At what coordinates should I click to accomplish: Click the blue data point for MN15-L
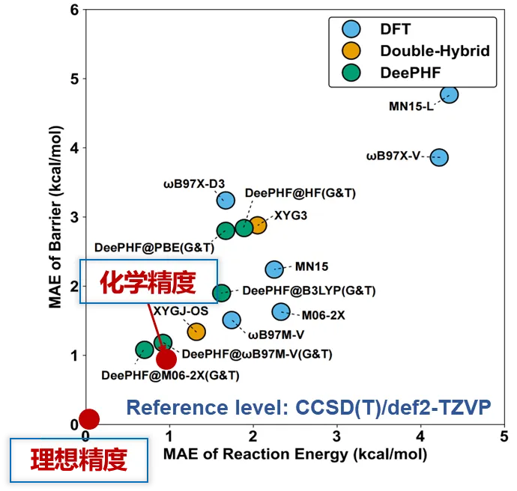(x=449, y=94)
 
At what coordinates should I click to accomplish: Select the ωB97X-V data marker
(x=439, y=157)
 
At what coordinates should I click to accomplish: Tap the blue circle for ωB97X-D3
(x=226, y=200)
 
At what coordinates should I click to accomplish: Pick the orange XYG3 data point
(x=258, y=225)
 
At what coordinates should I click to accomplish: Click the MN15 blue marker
(x=274, y=269)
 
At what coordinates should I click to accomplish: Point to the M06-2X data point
(x=281, y=311)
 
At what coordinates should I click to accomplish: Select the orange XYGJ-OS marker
(x=196, y=332)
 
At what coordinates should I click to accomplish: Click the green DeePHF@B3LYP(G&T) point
(x=222, y=293)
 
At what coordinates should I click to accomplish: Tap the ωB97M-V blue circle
(x=232, y=320)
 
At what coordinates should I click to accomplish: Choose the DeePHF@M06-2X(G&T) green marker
(x=145, y=350)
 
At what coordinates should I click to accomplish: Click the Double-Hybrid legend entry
(x=435, y=51)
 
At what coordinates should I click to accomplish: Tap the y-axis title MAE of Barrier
(x=55, y=217)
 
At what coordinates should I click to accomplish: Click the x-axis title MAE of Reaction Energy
(x=295, y=454)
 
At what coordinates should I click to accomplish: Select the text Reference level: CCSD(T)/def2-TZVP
(x=309, y=408)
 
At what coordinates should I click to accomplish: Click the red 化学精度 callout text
(x=148, y=282)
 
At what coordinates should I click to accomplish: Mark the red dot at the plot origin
(x=88, y=419)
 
